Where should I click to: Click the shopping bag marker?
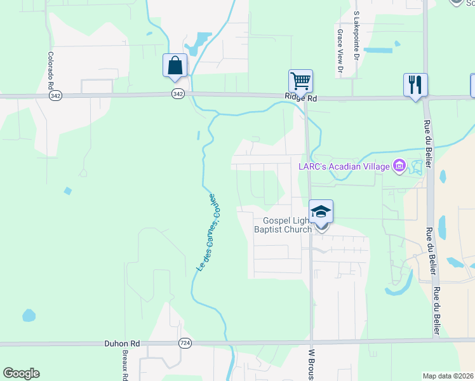tap(175, 65)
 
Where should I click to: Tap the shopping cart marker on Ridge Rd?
tap(300, 81)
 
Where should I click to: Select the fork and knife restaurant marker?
tap(415, 84)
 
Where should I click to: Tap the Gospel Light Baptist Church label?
tap(283, 225)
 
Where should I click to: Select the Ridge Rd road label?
tap(300, 98)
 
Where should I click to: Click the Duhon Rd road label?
tap(122, 344)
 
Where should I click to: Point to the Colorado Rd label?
tap(50, 70)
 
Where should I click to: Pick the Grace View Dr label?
tap(340, 50)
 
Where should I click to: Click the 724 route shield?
tap(184, 343)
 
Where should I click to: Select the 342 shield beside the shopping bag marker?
tap(178, 93)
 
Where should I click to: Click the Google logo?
tap(21, 373)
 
